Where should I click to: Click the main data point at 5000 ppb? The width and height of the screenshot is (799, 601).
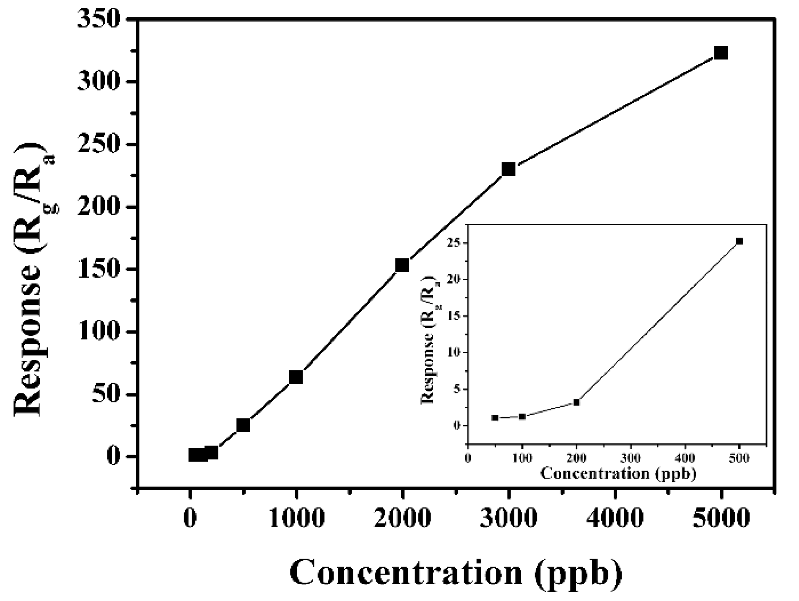tap(721, 53)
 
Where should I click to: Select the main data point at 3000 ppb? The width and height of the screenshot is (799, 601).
tap(508, 169)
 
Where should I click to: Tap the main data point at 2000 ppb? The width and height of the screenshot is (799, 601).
tap(402, 265)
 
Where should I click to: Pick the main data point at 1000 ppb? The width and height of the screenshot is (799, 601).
tap(296, 377)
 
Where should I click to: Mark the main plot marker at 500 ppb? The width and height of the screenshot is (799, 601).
tap(243, 425)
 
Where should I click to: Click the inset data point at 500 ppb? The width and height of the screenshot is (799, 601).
tap(739, 241)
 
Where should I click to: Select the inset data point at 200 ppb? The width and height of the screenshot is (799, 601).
tap(576, 402)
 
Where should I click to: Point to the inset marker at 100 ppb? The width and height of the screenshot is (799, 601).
tap(522, 416)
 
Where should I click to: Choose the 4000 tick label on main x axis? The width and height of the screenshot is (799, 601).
tap(615, 518)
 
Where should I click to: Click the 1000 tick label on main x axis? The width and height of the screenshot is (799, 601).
tap(296, 518)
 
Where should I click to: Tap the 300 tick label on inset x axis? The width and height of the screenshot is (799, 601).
tap(631, 458)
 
